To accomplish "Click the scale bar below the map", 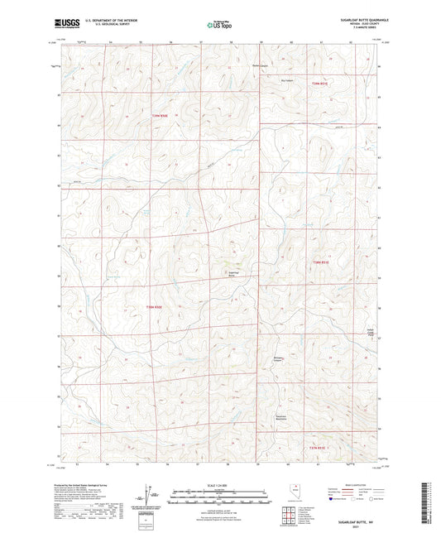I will click(219, 497).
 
